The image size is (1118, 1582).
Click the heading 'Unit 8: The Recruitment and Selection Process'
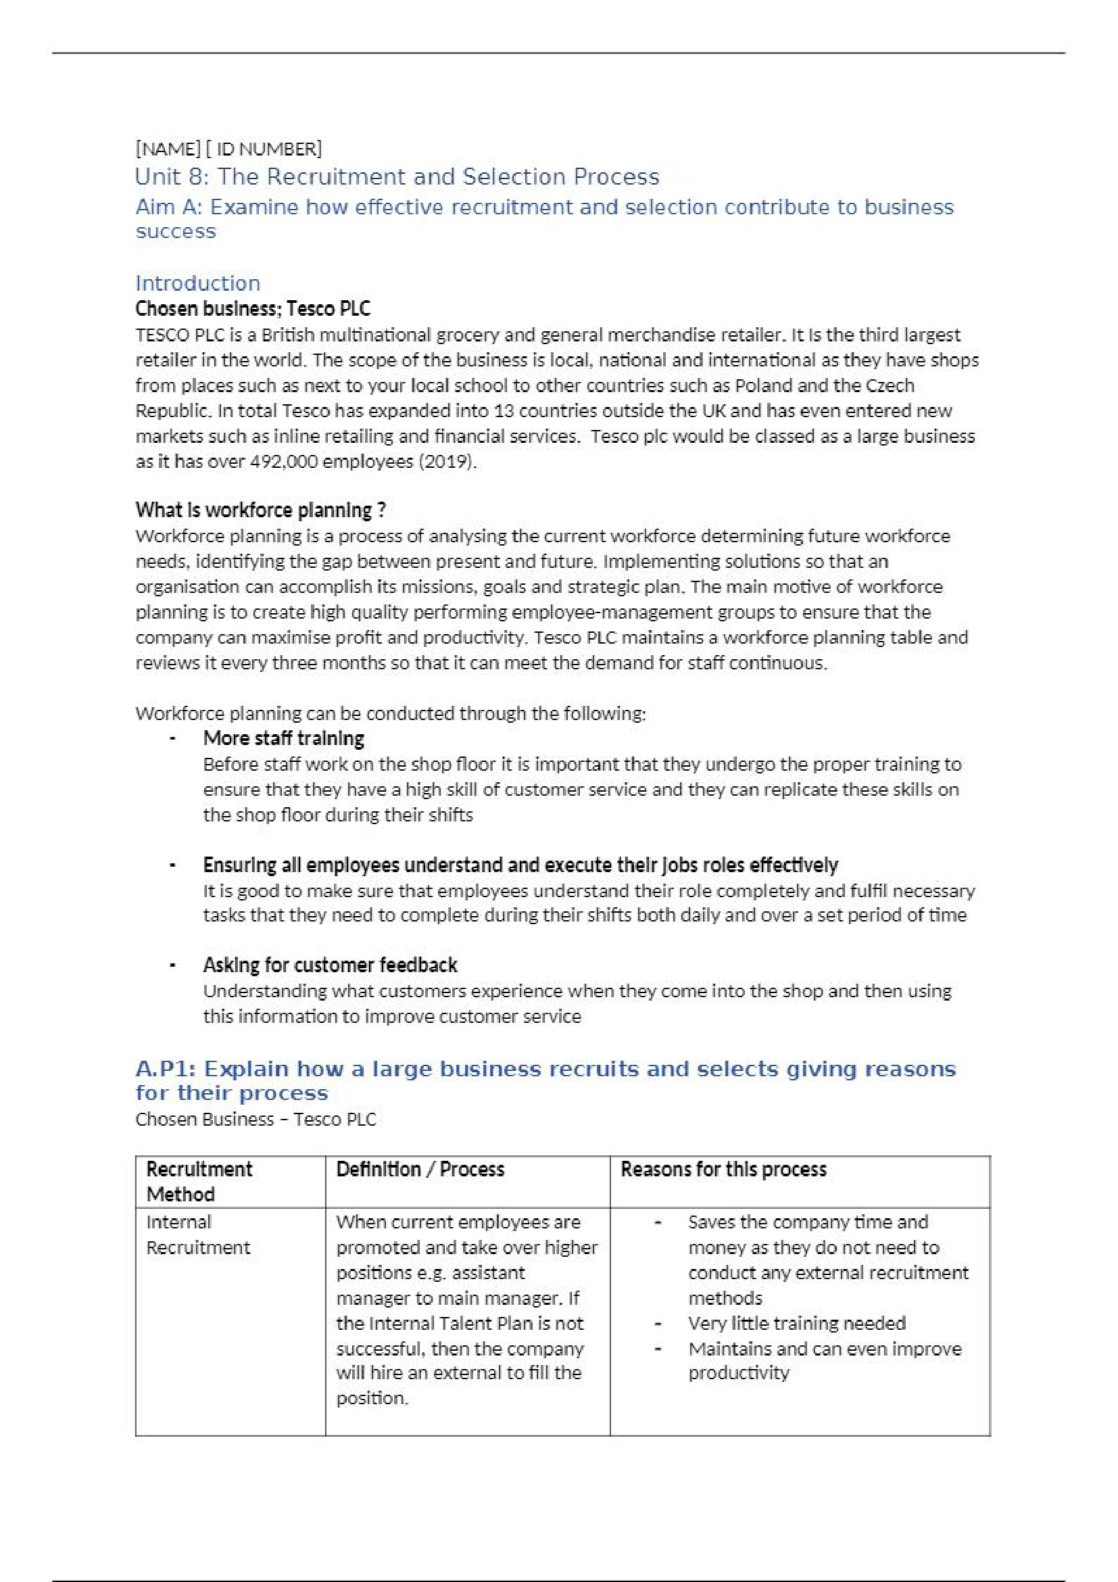pyautogui.click(x=397, y=177)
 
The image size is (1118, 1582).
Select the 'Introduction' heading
pyautogui.click(x=197, y=283)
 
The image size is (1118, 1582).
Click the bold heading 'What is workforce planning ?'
pyautogui.click(x=260, y=510)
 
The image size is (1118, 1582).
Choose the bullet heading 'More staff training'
pyautogui.click(x=283, y=739)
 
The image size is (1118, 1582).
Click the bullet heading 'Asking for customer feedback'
pyautogui.click(x=330, y=965)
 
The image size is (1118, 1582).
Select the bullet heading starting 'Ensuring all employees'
pyautogui.click(x=520, y=865)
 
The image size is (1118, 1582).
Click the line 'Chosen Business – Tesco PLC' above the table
pyautogui.click(x=256, y=1119)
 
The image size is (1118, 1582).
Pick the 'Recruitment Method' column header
pyautogui.click(x=199, y=1182)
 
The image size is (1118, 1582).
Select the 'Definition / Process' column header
pyautogui.click(x=420, y=1170)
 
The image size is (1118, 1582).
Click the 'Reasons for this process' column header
pyautogui.click(x=723, y=1170)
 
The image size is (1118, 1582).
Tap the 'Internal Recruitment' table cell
pyautogui.click(x=197, y=1235)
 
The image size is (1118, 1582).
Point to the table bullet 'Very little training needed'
pyautogui.click(x=796, y=1323)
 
